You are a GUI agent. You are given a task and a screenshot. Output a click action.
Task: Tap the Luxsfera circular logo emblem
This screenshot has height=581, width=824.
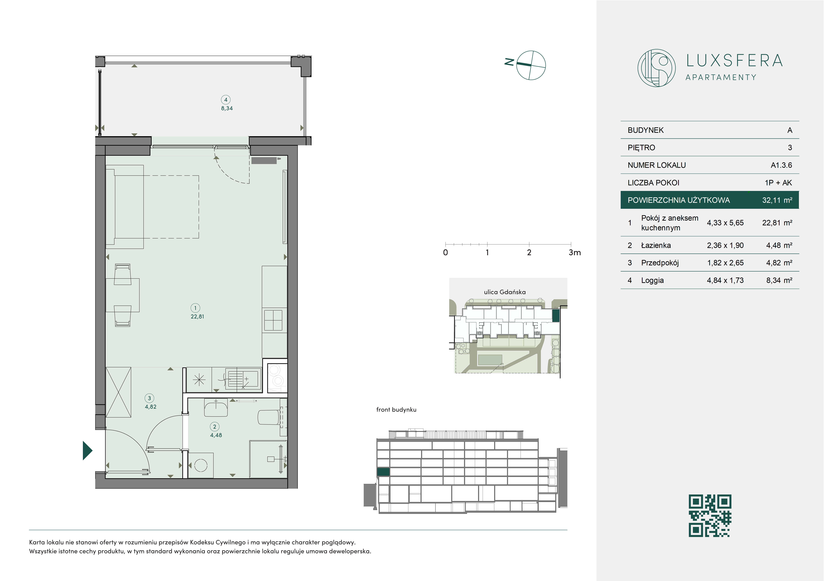coord(656,68)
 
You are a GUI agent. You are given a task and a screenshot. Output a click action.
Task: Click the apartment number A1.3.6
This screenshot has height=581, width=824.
coord(781,165)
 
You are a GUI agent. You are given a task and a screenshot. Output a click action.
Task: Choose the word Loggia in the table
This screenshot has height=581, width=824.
coord(652,280)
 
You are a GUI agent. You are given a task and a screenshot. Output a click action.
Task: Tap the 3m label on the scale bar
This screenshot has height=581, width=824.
coord(575,252)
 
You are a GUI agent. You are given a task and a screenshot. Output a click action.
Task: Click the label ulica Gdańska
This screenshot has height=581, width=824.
coord(505,292)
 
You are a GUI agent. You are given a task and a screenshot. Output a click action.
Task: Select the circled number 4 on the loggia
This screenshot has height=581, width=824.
coord(226,100)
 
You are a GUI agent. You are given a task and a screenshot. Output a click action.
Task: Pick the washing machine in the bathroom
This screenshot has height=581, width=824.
coord(201,466)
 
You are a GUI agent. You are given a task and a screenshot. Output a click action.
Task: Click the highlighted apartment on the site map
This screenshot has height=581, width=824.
coord(556,316)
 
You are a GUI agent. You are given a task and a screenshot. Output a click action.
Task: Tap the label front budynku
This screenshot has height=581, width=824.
coord(396,410)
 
